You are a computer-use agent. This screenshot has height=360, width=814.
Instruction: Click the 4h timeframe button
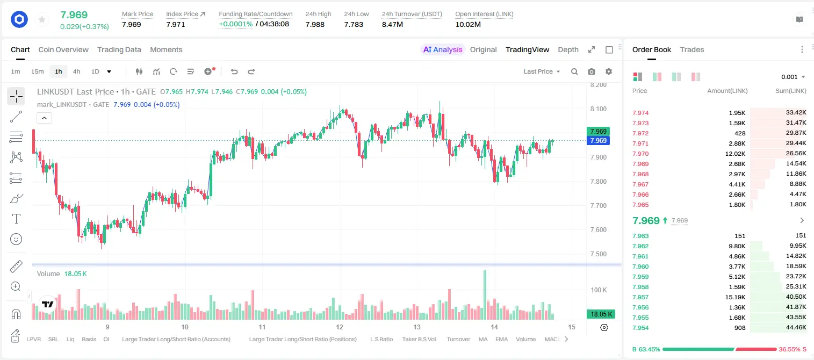76,71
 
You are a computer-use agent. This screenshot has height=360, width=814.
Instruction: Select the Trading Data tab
119,49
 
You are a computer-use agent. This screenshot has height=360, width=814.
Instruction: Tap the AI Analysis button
443,49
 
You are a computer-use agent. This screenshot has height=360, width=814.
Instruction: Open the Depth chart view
568,49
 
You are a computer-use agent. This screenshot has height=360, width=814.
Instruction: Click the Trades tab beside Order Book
691,49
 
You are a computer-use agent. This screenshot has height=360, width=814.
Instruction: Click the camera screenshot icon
591,71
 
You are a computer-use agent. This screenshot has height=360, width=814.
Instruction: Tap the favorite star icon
42,19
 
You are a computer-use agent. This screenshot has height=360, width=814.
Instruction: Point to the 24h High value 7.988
315,24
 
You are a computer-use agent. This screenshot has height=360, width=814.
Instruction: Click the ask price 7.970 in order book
640,154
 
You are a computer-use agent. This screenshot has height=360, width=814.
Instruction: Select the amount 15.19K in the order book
735,297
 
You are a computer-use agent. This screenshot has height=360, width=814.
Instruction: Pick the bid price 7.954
640,328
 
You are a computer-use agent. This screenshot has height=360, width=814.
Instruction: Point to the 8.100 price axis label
598,109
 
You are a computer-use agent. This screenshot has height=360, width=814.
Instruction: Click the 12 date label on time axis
340,327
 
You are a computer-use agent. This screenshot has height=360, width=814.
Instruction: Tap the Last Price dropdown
542,71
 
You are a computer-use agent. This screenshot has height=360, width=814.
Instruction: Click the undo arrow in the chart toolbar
234,71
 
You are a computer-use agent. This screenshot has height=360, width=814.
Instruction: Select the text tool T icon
16,219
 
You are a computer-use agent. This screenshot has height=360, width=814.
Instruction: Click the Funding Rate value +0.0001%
235,24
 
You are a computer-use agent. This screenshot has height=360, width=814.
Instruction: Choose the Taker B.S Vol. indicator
419,339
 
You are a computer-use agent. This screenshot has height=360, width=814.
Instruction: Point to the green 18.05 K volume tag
601,314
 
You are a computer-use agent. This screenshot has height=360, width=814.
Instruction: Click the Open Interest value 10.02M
468,24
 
